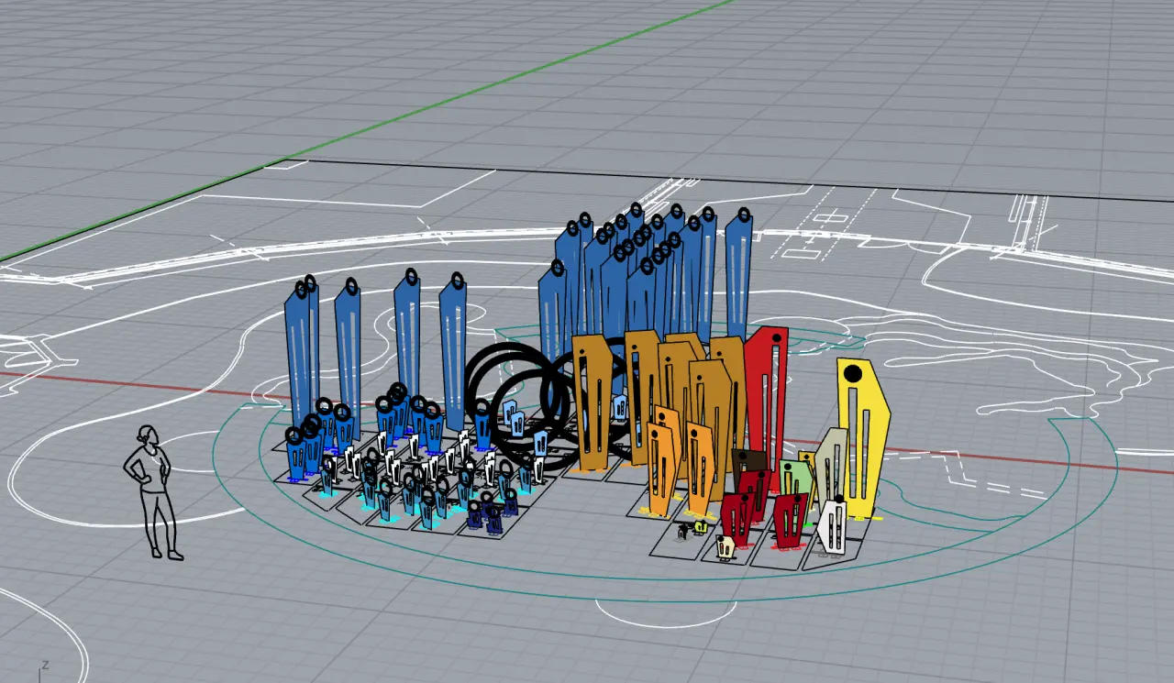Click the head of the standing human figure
point(148,435)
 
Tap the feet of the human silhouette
point(167,553)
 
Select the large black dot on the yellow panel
point(853,373)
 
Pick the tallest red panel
point(767,398)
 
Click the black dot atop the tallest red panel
point(777,338)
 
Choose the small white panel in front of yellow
point(832,526)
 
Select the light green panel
point(794,478)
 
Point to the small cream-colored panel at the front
point(725,546)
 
